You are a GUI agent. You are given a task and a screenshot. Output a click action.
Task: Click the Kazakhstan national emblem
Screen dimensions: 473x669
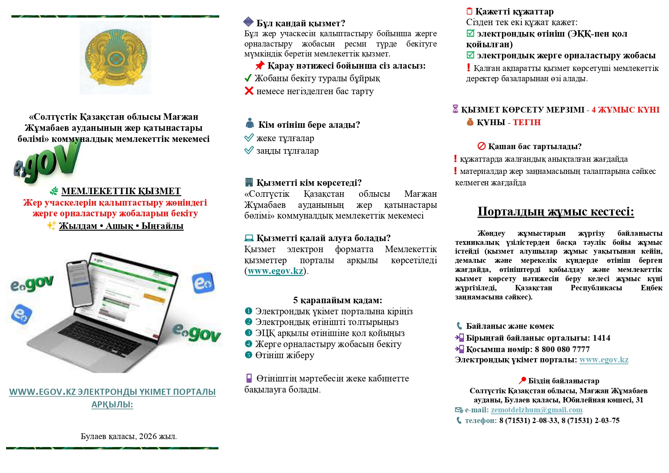click(115, 58)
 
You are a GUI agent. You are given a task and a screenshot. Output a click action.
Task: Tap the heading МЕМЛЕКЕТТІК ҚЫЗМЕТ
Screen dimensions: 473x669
click(121, 191)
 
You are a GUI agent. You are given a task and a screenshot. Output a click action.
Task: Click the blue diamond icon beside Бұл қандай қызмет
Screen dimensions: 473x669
click(249, 22)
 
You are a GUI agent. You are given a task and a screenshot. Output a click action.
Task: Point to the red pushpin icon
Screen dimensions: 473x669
click(260, 66)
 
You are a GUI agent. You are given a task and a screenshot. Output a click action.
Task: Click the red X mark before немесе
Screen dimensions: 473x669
click(249, 91)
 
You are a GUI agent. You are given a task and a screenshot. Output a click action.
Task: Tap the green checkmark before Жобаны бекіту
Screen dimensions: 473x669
click(248, 78)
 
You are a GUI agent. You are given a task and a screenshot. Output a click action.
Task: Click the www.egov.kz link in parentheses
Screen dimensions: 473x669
click(275, 271)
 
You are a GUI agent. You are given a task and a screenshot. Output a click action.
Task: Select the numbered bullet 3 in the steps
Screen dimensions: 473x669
click(249, 333)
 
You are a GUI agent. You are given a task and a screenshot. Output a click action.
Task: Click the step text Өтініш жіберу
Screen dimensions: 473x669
click(285, 355)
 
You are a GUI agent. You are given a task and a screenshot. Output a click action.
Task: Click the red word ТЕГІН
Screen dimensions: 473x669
click(526, 122)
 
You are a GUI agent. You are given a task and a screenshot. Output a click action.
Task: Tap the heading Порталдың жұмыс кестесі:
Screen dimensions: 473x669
click(555, 212)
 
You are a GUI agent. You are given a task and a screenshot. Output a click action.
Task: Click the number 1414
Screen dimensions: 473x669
click(601, 338)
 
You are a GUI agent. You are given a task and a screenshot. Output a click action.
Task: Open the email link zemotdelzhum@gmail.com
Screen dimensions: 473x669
click(536, 410)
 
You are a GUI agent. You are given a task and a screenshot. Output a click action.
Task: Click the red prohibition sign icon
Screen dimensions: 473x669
click(481, 146)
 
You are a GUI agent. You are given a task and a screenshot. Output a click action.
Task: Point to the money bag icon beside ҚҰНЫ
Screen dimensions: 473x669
click(470, 122)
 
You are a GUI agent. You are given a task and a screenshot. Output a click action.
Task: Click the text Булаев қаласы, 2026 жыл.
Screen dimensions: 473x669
click(128, 436)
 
